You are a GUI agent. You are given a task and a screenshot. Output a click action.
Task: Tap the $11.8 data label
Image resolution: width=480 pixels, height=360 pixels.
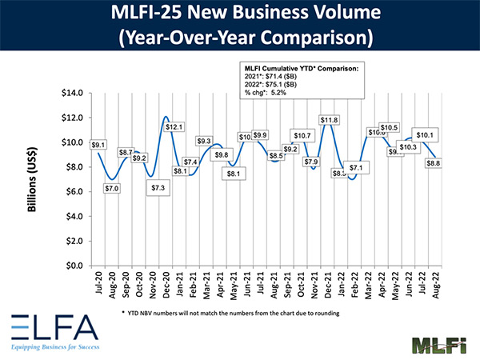[330, 120]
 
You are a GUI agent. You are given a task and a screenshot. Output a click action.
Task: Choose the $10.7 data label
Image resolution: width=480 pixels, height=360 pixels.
[302, 135]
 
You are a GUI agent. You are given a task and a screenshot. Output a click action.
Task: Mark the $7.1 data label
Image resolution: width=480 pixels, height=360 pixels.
[355, 168]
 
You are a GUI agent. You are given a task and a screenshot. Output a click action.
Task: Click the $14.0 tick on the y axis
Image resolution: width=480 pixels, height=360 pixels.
[71, 93]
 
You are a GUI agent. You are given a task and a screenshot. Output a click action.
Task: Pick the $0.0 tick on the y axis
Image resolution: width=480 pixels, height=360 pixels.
[74, 266]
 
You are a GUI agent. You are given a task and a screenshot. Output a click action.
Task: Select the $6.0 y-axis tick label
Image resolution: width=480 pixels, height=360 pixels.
[74, 191]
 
